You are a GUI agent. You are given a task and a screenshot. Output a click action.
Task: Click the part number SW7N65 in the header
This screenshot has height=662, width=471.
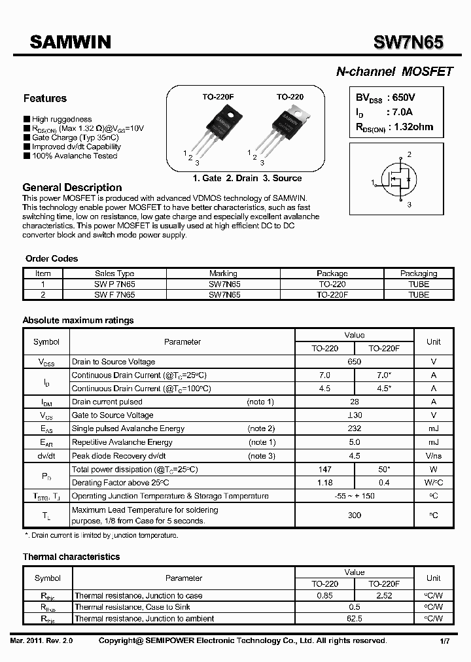[408, 43]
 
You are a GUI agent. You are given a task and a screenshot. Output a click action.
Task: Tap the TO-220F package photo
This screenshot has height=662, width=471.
[218, 131]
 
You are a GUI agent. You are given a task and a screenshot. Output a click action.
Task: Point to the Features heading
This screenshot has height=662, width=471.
[44, 99]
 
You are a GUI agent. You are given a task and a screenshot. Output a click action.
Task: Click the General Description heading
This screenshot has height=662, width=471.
[72, 188]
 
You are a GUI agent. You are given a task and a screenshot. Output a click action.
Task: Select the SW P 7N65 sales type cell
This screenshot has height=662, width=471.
[114, 285]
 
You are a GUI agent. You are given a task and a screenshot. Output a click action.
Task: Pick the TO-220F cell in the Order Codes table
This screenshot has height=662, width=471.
[332, 295]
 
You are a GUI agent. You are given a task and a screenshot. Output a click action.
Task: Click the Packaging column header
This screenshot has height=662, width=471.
[419, 273]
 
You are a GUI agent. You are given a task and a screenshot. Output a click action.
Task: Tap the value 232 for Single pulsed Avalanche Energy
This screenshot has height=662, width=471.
[355, 428]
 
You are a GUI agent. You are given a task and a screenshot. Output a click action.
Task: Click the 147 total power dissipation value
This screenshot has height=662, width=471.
[325, 469]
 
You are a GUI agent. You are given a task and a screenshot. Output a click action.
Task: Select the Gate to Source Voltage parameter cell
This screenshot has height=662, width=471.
[113, 415]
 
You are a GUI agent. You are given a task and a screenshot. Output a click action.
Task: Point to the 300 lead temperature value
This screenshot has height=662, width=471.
[355, 515]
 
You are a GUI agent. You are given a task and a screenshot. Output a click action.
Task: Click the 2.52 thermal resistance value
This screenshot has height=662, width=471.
[384, 596]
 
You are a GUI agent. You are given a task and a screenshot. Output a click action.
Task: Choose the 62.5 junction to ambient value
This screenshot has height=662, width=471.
[355, 618]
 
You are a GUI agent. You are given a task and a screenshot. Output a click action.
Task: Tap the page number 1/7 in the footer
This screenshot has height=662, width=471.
[445, 641]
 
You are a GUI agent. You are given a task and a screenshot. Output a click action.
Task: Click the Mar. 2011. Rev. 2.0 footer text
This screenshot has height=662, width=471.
[42, 641]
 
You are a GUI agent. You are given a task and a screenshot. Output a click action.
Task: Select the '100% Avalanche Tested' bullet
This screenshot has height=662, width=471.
[75, 156]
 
